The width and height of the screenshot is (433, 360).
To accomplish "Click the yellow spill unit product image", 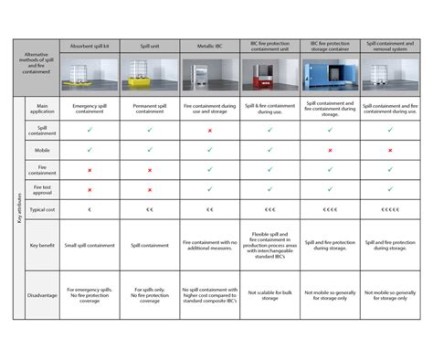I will (x=149, y=73).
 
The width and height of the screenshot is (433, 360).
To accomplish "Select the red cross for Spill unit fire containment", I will (x=149, y=171).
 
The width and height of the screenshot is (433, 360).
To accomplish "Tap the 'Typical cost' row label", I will (x=41, y=209).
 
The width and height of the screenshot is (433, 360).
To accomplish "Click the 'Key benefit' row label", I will (x=41, y=245).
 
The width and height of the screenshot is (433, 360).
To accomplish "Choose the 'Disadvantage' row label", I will (x=41, y=295).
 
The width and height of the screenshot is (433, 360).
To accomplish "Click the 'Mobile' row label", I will (x=41, y=149).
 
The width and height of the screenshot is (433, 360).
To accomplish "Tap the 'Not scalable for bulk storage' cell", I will (x=270, y=295).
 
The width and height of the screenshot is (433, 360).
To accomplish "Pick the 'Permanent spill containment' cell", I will (x=149, y=111).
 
